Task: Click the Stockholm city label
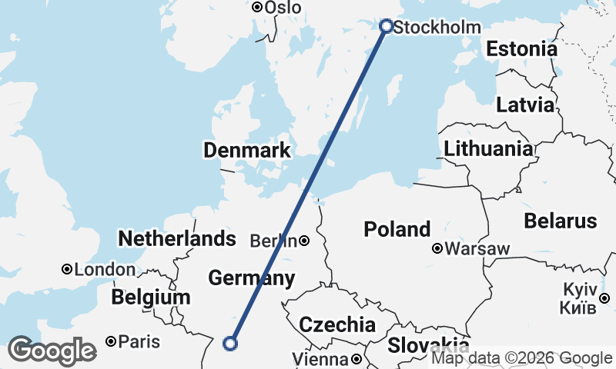(x=437, y=28)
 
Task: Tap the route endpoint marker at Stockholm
(x=387, y=26)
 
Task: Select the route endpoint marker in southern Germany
(x=229, y=344)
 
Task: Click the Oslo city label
(x=283, y=7)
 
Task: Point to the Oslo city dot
(x=257, y=7)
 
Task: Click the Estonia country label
(x=521, y=49)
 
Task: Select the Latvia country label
(x=524, y=105)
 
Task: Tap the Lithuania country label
(x=488, y=148)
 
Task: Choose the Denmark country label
(x=246, y=150)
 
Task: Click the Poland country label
(x=397, y=228)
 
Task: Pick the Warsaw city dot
(x=437, y=248)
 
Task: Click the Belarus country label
(x=560, y=221)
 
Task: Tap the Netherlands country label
(x=176, y=238)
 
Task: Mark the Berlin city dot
(x=304, y=241)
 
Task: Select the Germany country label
(x=251, y=278)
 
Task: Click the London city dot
(x=67, y=269)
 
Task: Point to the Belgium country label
(x=150, y=298)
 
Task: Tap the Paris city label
(x=139, y=341)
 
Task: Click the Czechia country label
(x=336, y=324)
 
